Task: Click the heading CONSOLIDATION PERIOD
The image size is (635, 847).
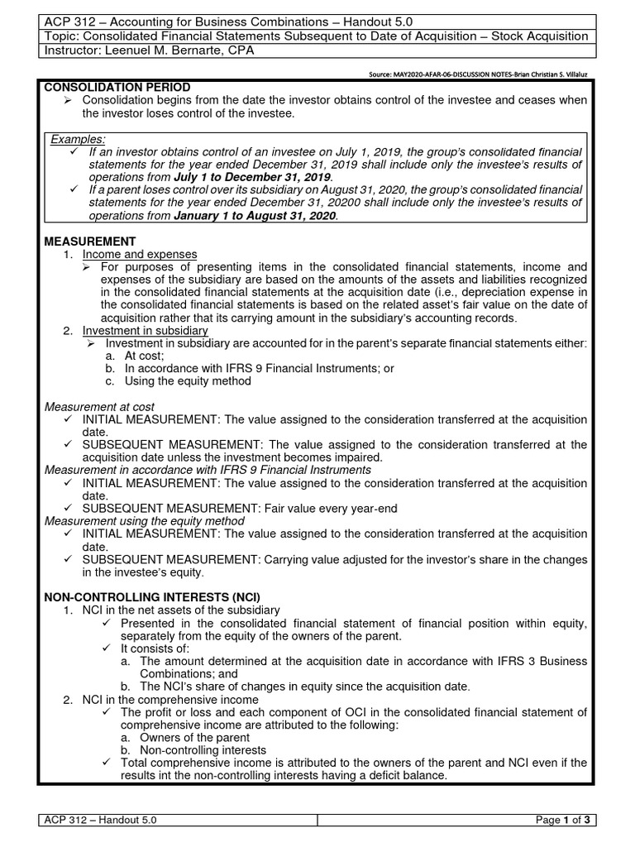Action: point(117,87)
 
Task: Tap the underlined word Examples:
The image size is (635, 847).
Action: point(78,139)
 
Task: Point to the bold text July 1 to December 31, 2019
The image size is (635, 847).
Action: point(252,177)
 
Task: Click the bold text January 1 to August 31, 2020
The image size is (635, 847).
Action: point(255,215)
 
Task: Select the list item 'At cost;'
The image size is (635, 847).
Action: point(147,356)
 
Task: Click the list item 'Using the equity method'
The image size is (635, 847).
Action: point(187,381)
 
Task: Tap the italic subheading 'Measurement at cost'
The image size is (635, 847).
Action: point(99,407)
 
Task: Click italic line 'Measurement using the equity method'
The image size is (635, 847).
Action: point(145,521)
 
